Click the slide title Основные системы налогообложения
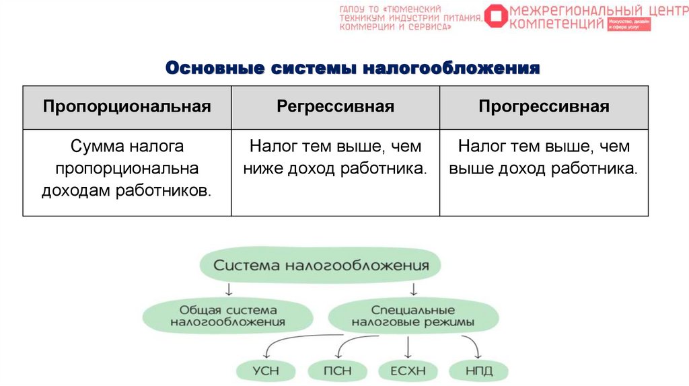tap(353, 69)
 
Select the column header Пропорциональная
tap(127, 107)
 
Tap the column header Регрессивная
tap(335, 107)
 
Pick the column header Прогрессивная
tap(544, 107)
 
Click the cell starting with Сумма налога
tap(127, 168)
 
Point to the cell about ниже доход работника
tap(335, 157)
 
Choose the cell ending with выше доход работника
tap(544, 157)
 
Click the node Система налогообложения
tap(321, 265)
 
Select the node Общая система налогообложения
tap(228, 316)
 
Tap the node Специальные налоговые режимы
tap(413, 316)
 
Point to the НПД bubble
tap(479, 370)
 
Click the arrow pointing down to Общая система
tap(228, 289)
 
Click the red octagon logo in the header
tap(497, 17)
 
